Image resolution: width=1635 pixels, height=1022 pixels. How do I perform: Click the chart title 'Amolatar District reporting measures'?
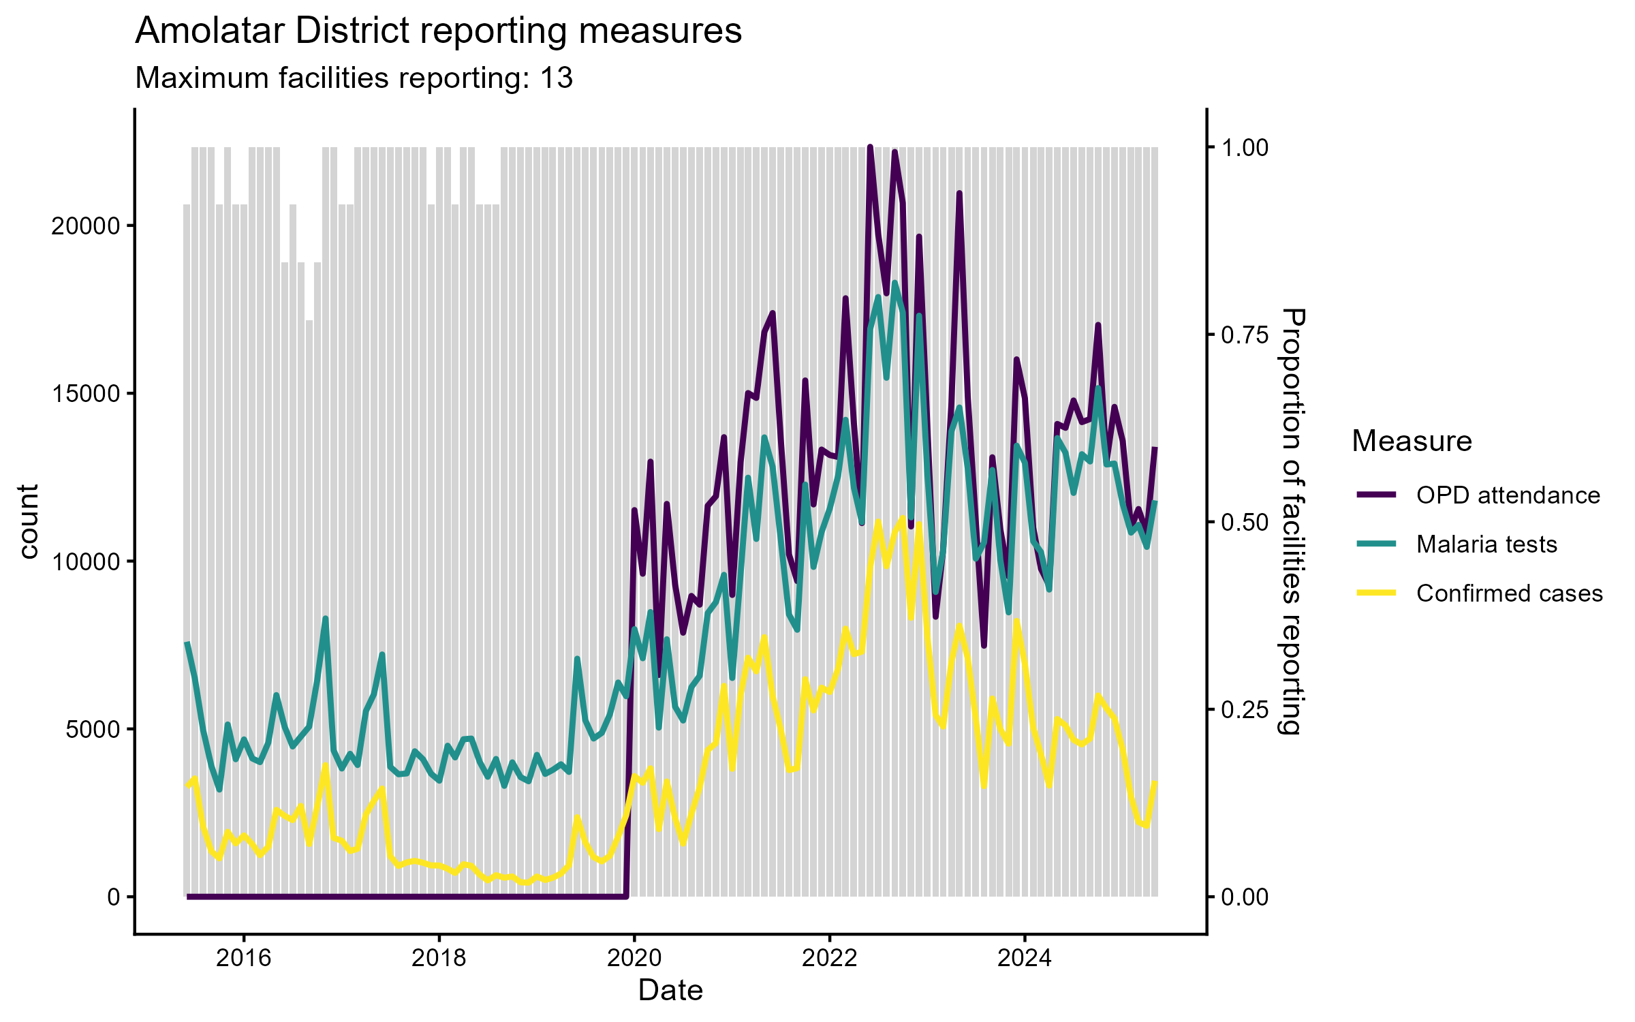click(x=438, y=31)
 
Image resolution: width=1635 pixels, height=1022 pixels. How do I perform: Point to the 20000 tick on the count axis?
click(x=86, y=226)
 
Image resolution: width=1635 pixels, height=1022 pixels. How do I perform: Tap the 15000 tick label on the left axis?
click(x=86, y=394)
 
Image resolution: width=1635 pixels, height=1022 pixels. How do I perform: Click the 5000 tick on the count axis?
click(x=93, y=729)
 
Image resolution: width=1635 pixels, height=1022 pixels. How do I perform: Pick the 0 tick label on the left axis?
click(x=114, y=897)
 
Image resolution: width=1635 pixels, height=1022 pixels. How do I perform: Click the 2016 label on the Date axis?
click(x=244, y=958)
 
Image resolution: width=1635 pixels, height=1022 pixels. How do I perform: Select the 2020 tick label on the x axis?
click(x=634, y=958)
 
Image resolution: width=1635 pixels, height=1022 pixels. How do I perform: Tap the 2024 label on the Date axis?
click(x=1025, y=958)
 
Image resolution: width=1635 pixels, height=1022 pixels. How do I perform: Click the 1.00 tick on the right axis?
click(x=1245, y=148)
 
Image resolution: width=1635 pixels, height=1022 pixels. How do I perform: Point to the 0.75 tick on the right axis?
click(x=1245, y=335)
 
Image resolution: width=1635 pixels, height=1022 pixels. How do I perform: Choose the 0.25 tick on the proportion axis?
click(x=1245, y=709)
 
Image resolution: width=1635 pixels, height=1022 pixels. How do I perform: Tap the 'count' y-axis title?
click(x=29, y=522)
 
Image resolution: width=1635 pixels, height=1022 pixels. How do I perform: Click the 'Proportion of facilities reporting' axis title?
click(x=1291, y=522)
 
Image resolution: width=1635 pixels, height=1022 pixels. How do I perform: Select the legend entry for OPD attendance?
click(x=1508, y=495)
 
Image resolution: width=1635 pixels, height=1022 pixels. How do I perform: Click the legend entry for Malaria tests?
click(x=1486, y=544)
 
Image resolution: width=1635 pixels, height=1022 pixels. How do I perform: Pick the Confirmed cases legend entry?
click(x=1509, y=593)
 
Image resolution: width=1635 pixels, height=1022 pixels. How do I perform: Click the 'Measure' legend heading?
click(x=1412, y=442)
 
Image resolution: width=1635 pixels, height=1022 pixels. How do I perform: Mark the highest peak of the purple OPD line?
click(x=870, y=146)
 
